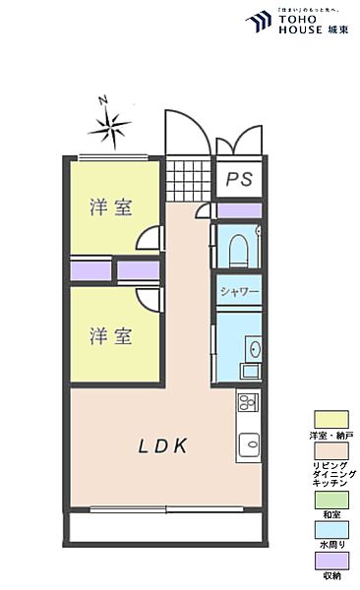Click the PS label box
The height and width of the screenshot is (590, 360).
pos(239,179)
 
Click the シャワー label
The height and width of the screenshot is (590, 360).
pos(239,292)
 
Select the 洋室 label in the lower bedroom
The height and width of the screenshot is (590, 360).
pos(111,335)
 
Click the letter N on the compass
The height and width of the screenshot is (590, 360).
pos(102,99)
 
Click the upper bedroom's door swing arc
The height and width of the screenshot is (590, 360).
pos(150,239)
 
